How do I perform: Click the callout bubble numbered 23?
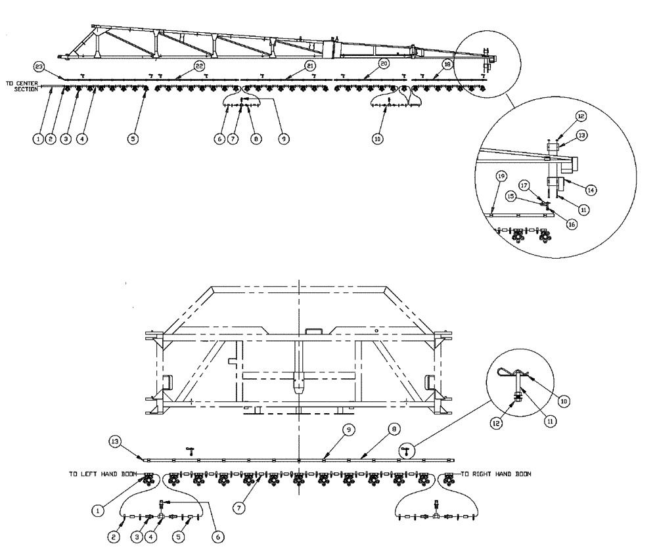pyautogui.click(x=39, y=66)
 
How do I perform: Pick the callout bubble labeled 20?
pyautogui.click(x=384, y=64)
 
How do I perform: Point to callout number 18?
pyautogui.click(x=447, y=64)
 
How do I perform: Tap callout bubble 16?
pyautogui.click(x=571, y=224)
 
